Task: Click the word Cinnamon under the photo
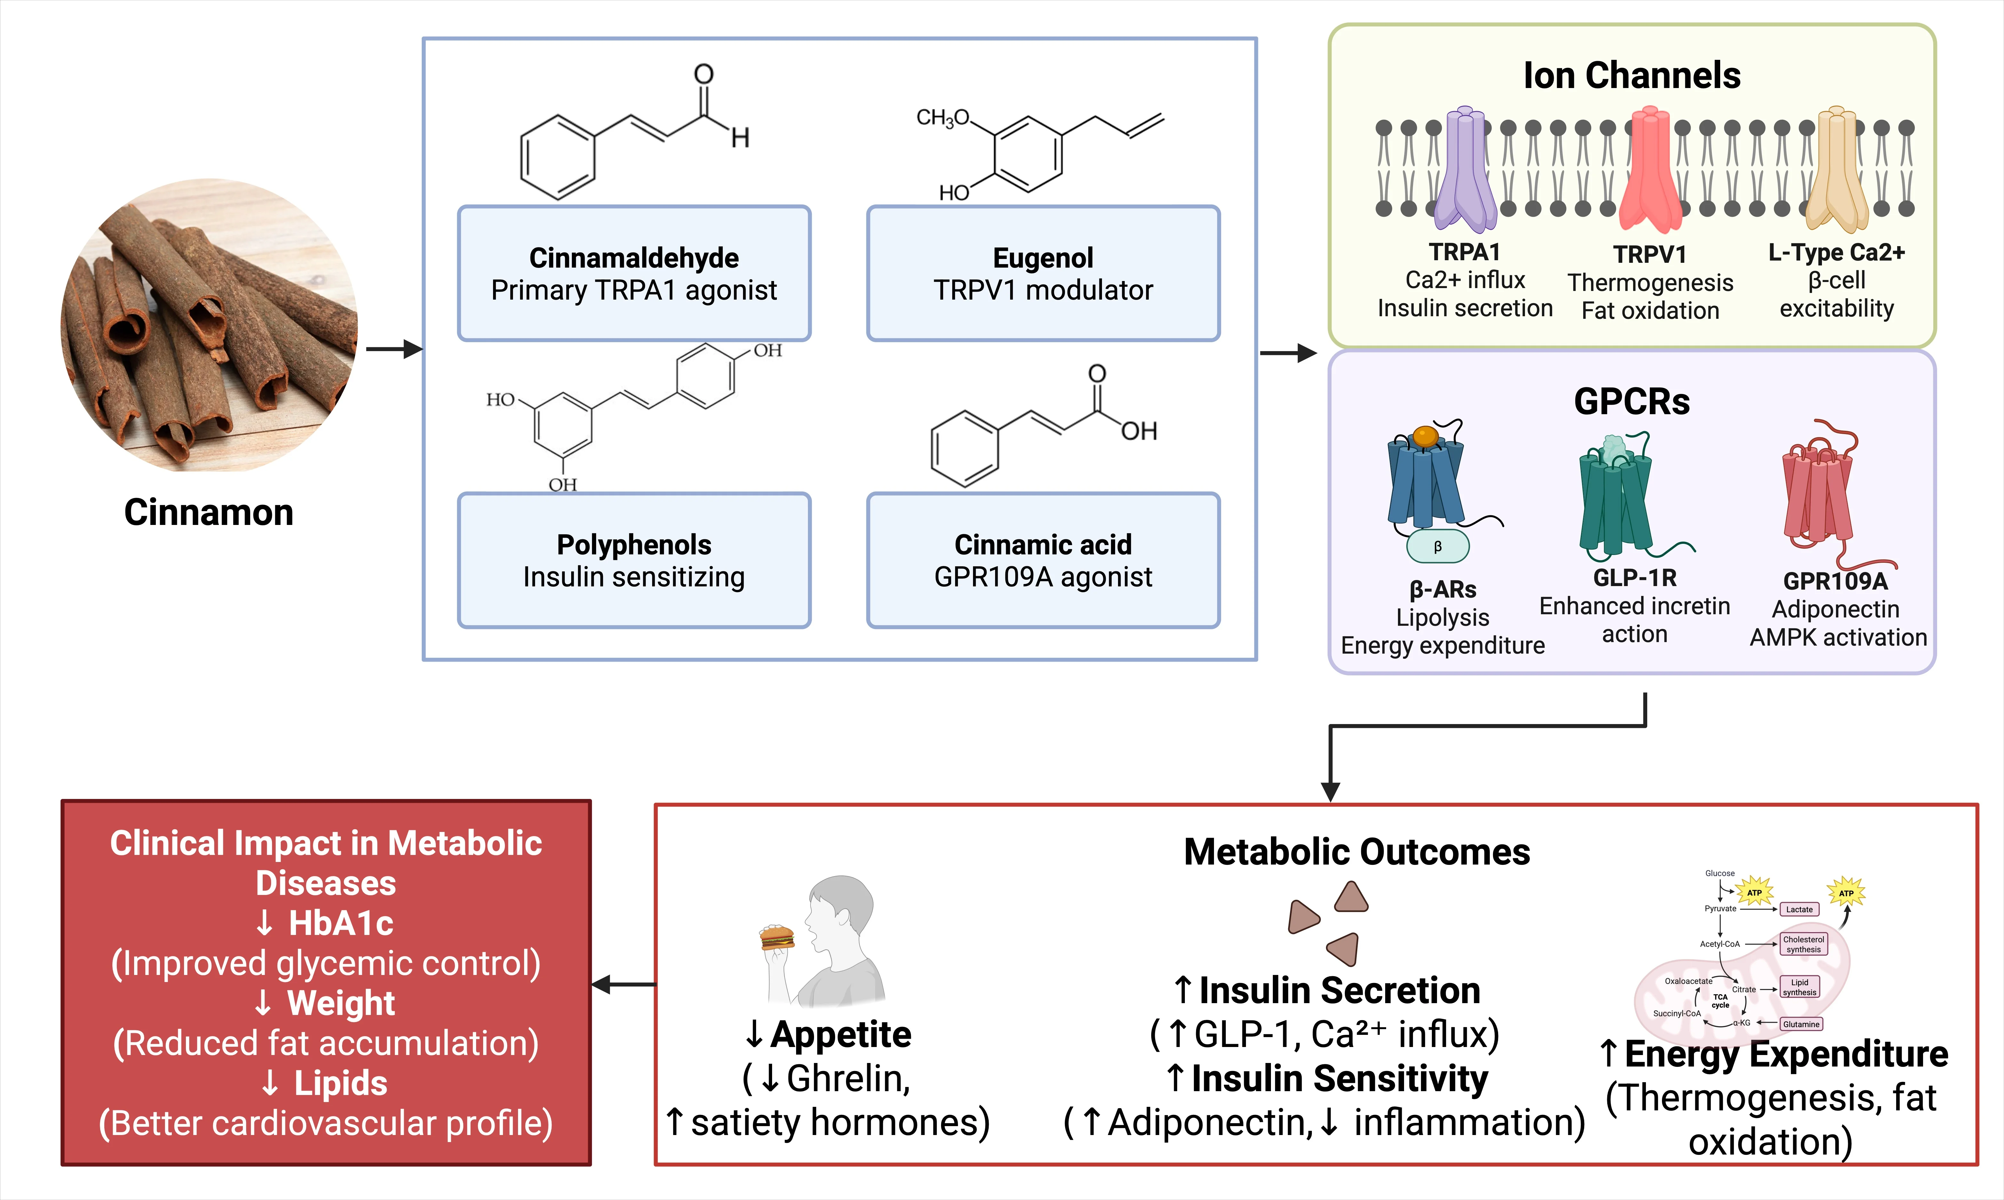click(209, 513)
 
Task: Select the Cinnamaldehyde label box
click(634, 273)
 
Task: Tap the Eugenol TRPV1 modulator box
click(1043, 273)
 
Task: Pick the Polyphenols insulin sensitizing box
click(634, 560)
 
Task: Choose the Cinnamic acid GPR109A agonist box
click(1043, 560)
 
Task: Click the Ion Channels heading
click(1631, 75)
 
